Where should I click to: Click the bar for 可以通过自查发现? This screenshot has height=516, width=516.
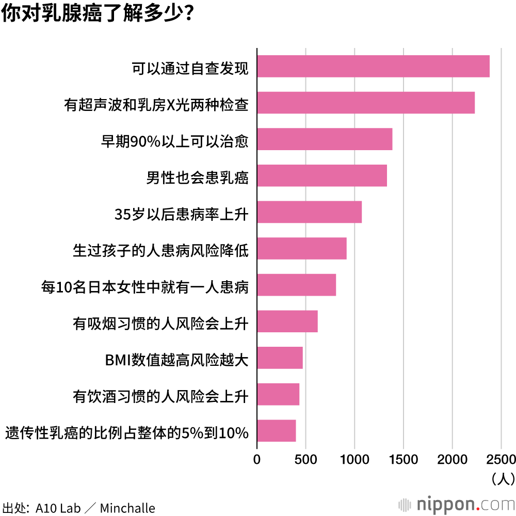point(373,66)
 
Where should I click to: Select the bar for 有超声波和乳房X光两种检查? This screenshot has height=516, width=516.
point(365,103)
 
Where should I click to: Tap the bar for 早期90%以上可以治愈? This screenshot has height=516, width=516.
point(325,139)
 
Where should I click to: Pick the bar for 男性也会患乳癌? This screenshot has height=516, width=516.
point(321,175)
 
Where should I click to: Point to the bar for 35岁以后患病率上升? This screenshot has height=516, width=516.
point(309,212)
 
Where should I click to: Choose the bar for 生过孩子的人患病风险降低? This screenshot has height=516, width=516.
point(301,248)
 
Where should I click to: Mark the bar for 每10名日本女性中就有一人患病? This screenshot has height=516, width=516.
point(296,285)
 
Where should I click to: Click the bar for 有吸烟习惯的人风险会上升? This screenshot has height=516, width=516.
point(287,321)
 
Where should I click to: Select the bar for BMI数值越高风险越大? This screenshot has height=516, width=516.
point(280,358)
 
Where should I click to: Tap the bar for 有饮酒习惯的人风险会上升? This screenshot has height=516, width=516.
point(278,394)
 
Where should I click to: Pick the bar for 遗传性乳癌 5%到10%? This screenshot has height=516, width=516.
point(276,431)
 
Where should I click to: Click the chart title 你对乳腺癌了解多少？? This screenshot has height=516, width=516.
point(98,14)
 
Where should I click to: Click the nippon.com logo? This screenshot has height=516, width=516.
point(456,502)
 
